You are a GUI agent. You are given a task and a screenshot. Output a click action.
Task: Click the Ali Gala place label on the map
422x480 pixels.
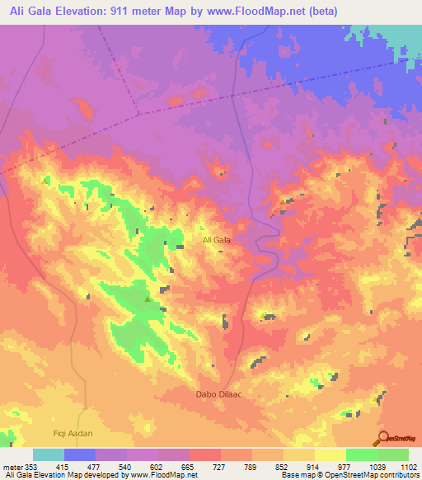pyautogui.click(x=216, y=240)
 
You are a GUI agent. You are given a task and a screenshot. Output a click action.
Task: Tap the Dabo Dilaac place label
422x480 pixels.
pyautogui.click(x=218, y=394)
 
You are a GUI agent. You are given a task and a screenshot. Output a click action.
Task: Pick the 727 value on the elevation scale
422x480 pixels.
pyautogui.click(x=220, y=467)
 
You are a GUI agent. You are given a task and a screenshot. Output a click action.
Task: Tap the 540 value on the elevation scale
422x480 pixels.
pyautogui.click(x=126, y=467)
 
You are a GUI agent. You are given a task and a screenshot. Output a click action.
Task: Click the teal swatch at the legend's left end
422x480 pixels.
pyautogui.click(x=48, y=454)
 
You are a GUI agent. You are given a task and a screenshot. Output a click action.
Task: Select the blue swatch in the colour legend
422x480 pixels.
pyautogui.click(x=79, y=454)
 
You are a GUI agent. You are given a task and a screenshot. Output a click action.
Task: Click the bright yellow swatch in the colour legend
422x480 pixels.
pyautogui.click(x=330, y=454)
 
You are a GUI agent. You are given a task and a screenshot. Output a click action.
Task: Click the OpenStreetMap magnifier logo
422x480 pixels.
pyautogui.click(x=384, y=436)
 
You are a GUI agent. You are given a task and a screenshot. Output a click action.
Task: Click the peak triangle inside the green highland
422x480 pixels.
pyautogui.click(x=148, y=299)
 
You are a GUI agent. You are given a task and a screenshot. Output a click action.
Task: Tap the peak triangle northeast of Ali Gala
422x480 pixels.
pyautogui.click(x=283, y=200)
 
